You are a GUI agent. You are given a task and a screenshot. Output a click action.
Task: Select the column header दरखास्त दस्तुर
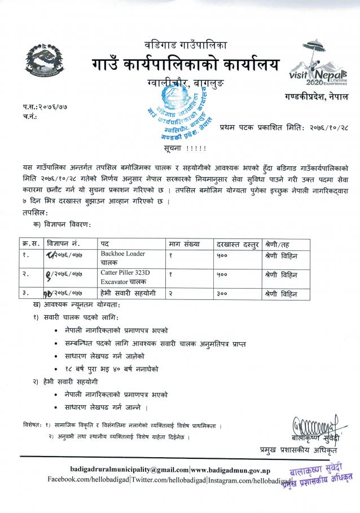236,244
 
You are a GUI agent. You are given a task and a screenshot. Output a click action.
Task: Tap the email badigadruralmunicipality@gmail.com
129,469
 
